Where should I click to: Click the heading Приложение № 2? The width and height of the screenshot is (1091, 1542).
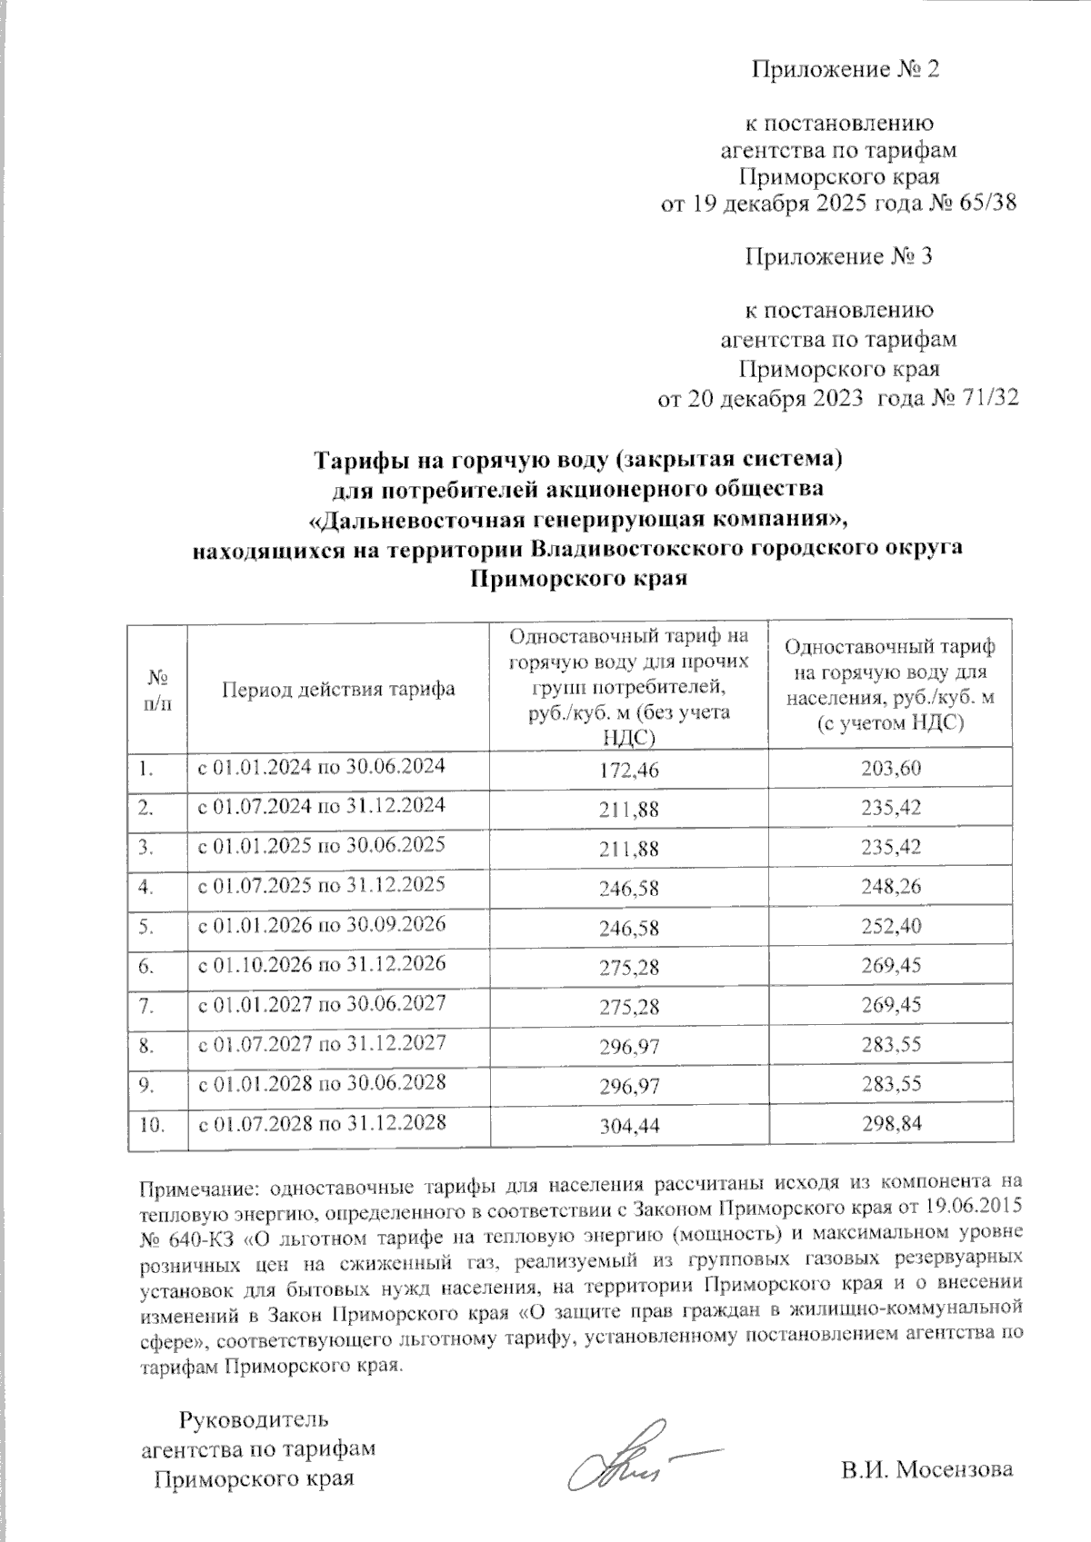click(843, 69)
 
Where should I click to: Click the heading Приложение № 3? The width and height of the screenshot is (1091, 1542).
click(838, 257)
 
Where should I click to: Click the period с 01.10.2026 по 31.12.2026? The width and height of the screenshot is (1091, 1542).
click(322, 963)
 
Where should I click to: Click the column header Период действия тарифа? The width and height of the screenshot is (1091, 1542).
click(338, 690)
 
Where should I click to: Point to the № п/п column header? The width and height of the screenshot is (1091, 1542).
click(156, 690)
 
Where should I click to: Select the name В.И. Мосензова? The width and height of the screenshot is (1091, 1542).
click(926, 1470)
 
